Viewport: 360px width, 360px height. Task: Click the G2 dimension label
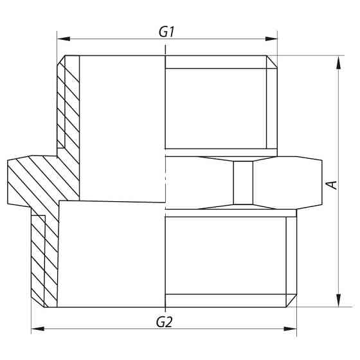(x=165, y=319)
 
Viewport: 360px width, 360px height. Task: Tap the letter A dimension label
(x=332, y=184)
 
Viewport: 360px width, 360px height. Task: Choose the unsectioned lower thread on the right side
(x=228, y=257)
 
